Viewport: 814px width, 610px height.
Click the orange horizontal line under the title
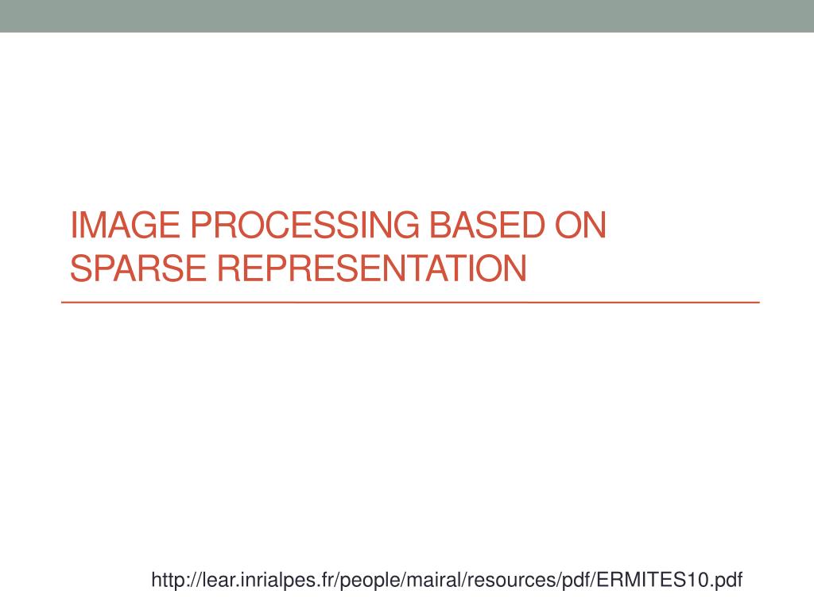410,303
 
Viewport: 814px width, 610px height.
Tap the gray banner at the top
407,16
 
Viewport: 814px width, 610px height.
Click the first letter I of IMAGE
74,226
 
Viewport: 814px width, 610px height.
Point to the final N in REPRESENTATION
516,268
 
